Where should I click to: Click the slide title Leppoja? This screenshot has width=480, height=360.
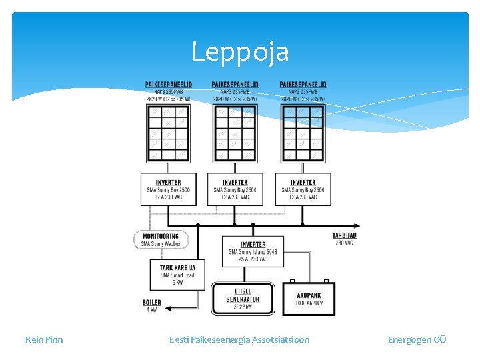click(240, 51)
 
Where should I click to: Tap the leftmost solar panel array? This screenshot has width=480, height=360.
click(168, 133)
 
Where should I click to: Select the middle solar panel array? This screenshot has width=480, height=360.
click(235, 133)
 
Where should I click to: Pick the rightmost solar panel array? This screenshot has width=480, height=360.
click(303, 133)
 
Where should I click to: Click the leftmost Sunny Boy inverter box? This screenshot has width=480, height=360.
click(168, 189)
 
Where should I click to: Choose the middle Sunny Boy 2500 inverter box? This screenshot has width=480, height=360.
click(235, 189)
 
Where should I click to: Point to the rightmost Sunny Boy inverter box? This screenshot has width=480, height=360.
click(303, 189)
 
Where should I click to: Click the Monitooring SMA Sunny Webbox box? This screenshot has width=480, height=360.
click(161, 240)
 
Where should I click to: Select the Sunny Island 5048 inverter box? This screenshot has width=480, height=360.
click(253, 251)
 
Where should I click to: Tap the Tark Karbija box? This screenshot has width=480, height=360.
click(177, 274)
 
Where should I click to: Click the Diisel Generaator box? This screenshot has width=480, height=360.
click(243, 299)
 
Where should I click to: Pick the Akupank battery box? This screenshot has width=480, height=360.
click(308, 299)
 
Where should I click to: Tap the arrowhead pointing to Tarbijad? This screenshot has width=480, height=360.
click(357, 226)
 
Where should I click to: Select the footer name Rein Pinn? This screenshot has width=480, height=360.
click(44, 339)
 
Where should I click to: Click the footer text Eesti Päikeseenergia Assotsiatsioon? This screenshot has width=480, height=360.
click(239, 339)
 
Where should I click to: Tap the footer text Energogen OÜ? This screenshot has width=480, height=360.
click(417, 339)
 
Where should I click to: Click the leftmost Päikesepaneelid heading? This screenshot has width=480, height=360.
click(169, 84)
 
